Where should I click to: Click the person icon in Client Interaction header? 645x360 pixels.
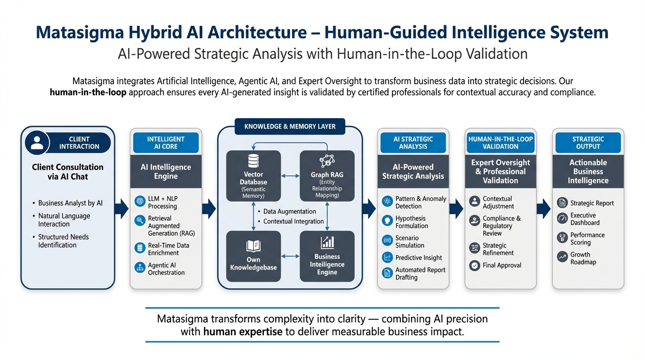click(x=37, y=142)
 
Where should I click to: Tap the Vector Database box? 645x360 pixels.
click(x=254, y=176)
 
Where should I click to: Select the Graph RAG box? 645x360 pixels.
click(x=327, y=176)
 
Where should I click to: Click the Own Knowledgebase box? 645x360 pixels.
click(x=254, y=256)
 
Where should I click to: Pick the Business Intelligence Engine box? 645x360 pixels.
click(x=327, y=256)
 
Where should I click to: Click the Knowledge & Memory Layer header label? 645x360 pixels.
click(x=290, y=127)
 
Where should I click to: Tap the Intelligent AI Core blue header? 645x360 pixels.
click(x=166, y=142)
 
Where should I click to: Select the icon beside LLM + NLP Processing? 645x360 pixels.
click(x=140, y=201)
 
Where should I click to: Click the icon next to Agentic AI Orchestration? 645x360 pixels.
click(x=140, y=268)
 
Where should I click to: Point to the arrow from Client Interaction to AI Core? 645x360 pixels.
click(x=121, y=209)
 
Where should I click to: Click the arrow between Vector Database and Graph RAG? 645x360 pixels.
click(x=290, y=176)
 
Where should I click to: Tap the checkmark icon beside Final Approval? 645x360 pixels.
click(x=474, y=265)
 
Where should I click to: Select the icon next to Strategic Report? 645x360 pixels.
click(x=562, y=203)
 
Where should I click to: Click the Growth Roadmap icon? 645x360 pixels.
click(x=562, y=256)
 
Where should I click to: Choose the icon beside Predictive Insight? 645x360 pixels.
click(x=387, y=257)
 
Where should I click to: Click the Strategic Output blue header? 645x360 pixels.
click(x=588, y=142)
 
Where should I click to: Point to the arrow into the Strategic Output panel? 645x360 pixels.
click(x=544, y=209)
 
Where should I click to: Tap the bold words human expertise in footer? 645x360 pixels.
click(x=243, y=332)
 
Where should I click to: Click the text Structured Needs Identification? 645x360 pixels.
click(x=63, y=241)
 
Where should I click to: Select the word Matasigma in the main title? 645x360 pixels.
click(x=80, y=32)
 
